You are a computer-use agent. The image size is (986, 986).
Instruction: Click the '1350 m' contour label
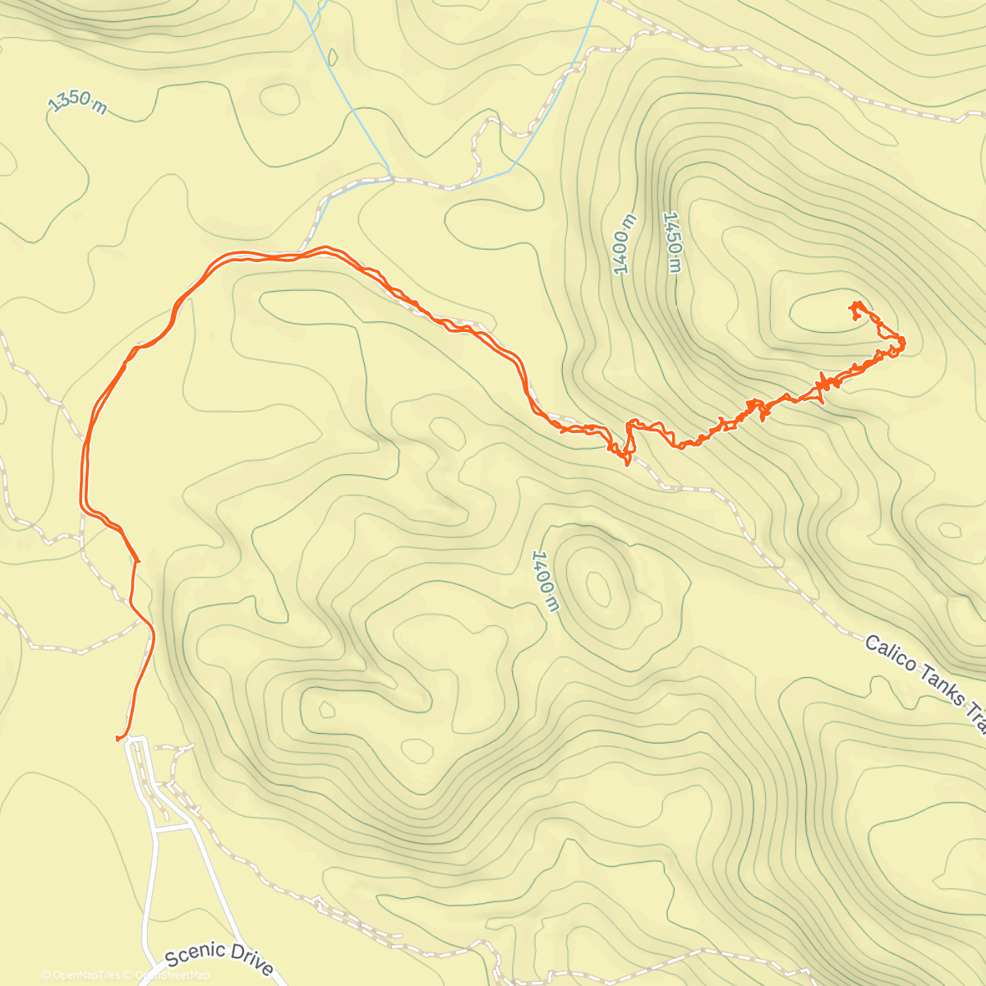[77, 103]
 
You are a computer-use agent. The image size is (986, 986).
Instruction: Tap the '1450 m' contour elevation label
[673, 242]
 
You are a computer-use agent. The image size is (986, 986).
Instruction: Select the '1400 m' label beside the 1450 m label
[624, 244]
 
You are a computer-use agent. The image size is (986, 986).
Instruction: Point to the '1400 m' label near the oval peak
[545, 581]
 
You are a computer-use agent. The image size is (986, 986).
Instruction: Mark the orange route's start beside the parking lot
[119, 739]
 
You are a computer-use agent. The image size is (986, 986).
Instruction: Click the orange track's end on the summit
[855, 305]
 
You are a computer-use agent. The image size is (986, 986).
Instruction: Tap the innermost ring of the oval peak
[598, 587]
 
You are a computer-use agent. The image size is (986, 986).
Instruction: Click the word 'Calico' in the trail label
[891, 654]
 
